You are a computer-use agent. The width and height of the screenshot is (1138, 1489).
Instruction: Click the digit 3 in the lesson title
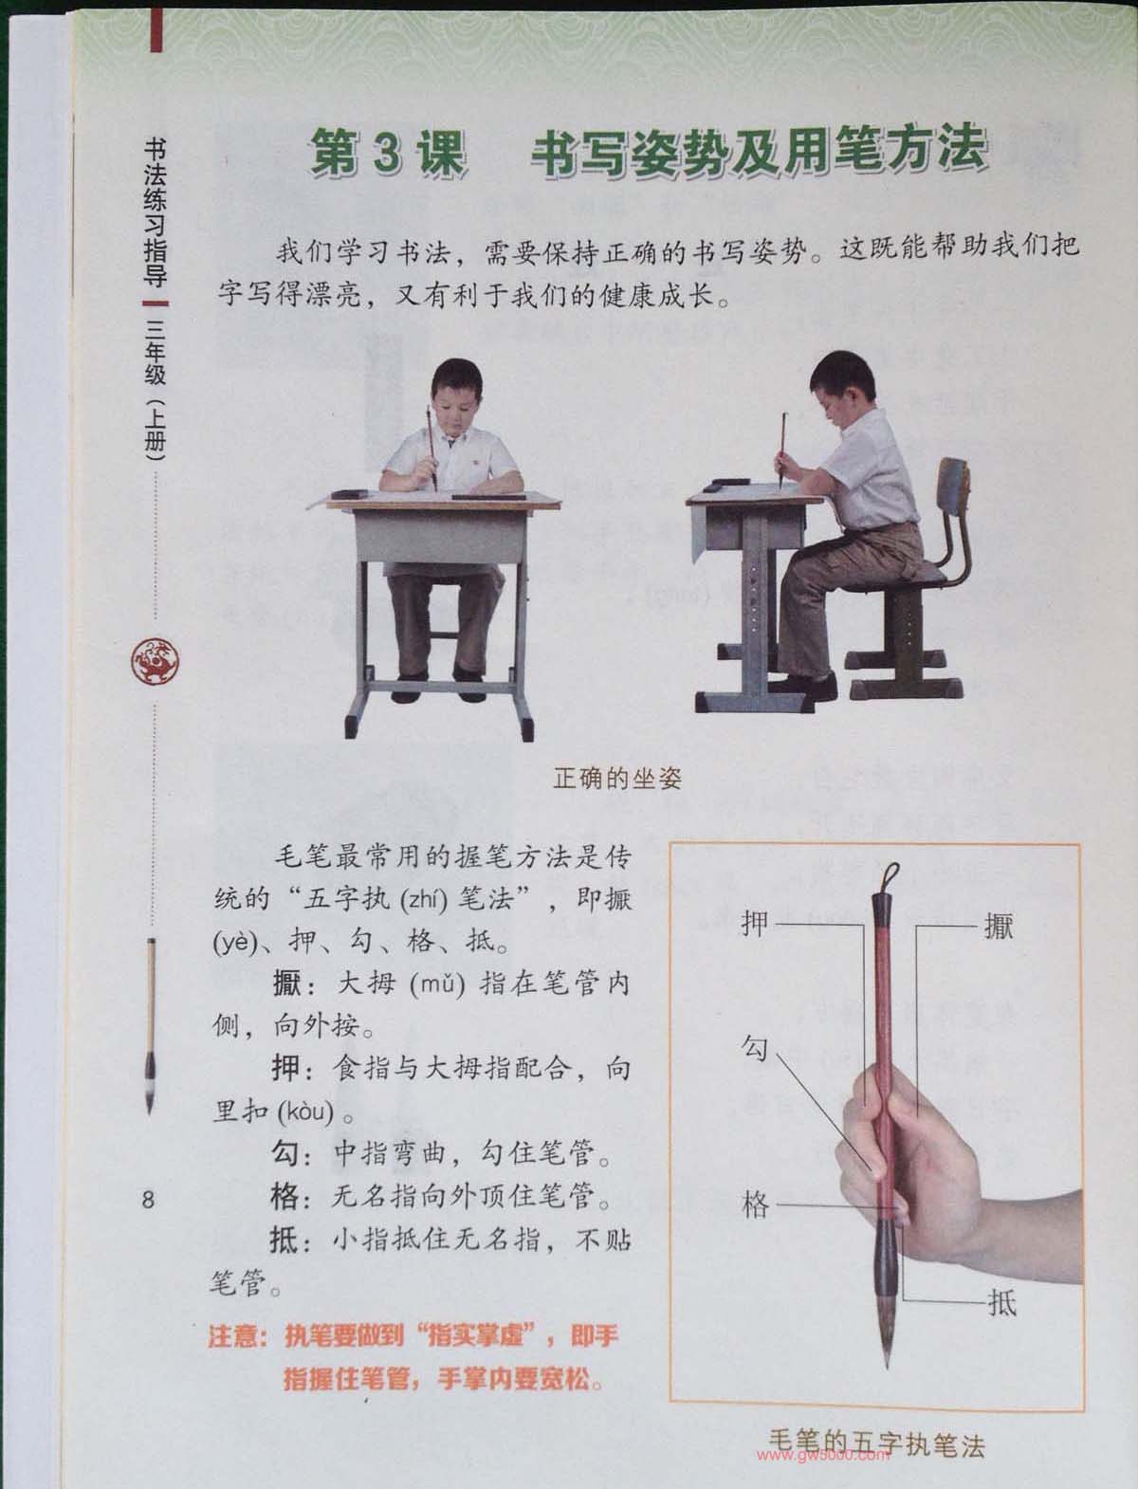click(x=388, y=154)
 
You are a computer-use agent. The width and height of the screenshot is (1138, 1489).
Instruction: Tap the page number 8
click(x=148, y=1200)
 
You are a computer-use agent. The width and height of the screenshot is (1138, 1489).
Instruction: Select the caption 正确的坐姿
click(x=616, y=778)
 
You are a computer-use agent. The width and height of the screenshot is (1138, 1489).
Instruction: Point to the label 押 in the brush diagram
click(x=756, y=923)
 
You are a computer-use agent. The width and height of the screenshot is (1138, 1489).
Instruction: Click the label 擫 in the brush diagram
click(x=998, y=926)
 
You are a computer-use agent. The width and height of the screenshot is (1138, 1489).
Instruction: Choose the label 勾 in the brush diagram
click(x=754, y=1048)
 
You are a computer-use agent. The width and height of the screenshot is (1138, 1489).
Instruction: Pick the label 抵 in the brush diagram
click(x=1001, y=1302)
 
